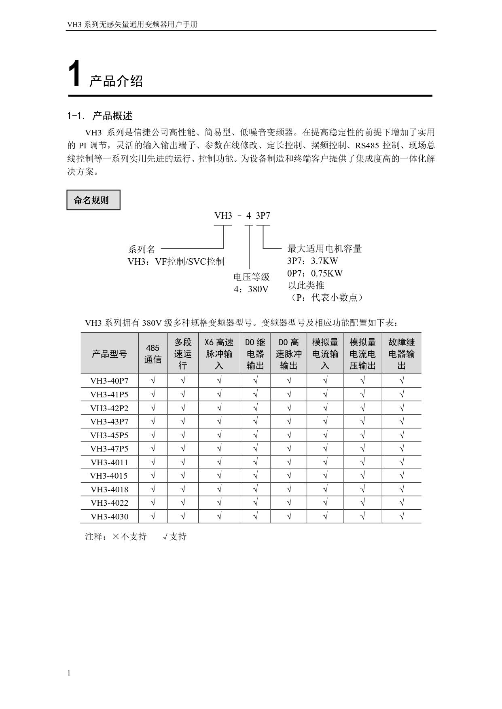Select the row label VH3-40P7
point(109,381)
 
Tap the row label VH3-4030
point(109,517)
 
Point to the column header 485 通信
point(153,354)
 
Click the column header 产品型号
point(109,354)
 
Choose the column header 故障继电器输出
point(401,354)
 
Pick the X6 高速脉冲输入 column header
point(219,354)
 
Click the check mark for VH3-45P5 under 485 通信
point(153,435)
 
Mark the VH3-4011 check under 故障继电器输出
point(402,462)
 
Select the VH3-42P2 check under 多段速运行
point(183,408)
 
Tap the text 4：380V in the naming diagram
point(251,289)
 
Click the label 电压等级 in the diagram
point(251,277)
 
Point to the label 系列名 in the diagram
point(142,249)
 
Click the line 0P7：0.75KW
point(315,273)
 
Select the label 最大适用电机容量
point(324,249)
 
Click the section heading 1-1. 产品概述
point(100,116)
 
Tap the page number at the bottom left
point(69,673)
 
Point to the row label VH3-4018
point(109,490)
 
